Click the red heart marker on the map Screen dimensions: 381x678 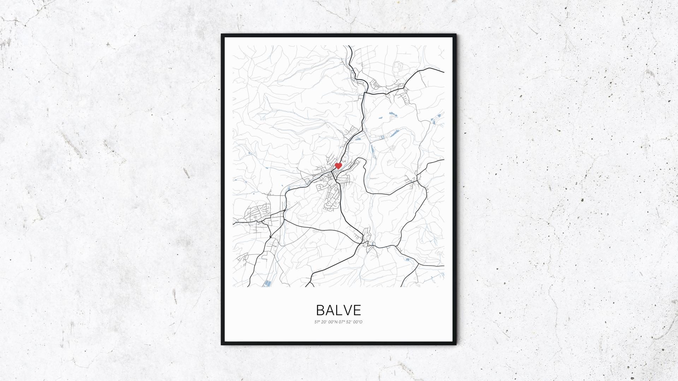[338, 165]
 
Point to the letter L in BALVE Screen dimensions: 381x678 [339, 310]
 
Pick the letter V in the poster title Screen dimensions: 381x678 [347, 310]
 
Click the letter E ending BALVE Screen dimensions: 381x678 [357, 310]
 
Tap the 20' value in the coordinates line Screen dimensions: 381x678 [324, 322]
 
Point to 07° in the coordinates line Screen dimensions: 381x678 [341, 322]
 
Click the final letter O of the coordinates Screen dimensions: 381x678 [361, 322]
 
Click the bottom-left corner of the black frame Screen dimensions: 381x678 [222, 344]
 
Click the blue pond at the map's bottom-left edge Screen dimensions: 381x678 [268, 283]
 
